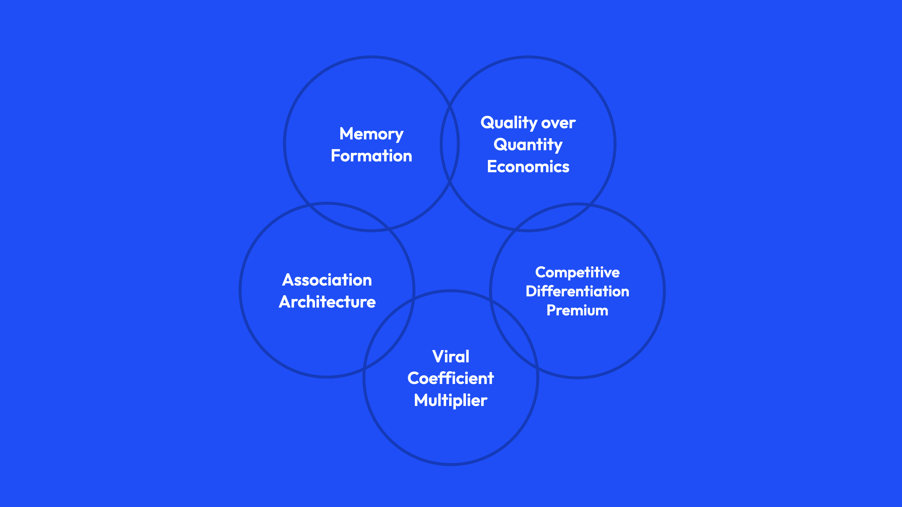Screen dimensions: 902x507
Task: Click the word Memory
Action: pos(371,134)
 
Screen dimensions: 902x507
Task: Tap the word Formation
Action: pos(371,156)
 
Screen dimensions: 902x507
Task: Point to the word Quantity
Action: pos(528,145)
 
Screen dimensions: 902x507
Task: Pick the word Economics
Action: pos(528,167)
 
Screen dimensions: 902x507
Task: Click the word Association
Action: pos(327,280)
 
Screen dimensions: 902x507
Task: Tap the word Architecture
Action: pos(327,302)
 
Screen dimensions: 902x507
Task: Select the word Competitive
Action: pos(577,272)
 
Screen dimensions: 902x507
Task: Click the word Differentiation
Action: pos(577,291)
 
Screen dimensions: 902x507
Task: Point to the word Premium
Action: pos(577,311)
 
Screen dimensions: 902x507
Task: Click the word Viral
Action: pos(451,357)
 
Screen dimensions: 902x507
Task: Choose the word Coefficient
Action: pos(451,378)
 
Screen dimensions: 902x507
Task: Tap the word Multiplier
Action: pos(451,400)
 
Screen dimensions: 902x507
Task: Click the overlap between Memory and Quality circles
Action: pos(450,144)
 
